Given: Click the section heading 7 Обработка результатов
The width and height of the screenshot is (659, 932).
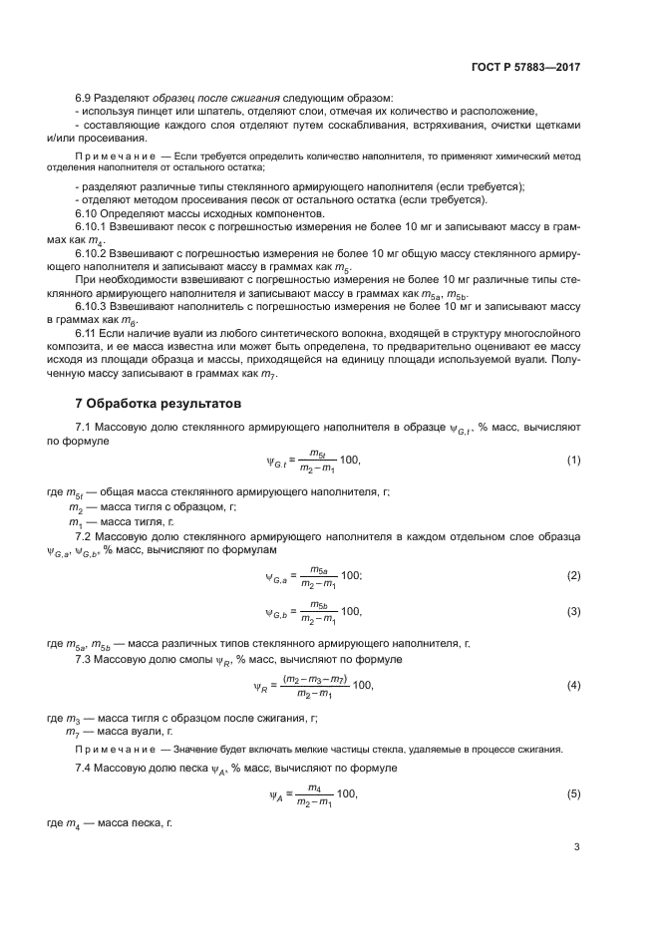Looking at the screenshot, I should click(x=151, y=405).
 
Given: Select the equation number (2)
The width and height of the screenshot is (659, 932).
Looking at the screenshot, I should click(x=573, y=575).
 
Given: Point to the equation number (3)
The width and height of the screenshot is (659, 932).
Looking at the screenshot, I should click(x=573, y=611).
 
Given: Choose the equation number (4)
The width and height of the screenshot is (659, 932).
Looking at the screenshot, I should click(x=573, y=685).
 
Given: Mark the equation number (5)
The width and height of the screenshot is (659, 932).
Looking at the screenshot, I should click(x=573, y=794).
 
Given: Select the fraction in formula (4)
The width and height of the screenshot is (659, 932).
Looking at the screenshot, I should click(x=313, y=685).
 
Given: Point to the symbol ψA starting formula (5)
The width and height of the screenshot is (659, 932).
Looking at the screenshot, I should click(x=276, y=795).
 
